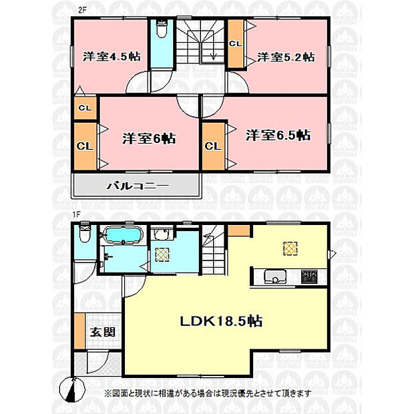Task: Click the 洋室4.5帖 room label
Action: pos(112,57)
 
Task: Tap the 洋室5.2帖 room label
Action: pos(286,57)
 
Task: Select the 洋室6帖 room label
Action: pos(149,139)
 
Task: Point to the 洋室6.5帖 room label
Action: pos(278,135)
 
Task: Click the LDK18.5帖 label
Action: pos(221,321)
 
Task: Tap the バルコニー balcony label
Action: pos(138,186)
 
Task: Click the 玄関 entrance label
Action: pos(103,332)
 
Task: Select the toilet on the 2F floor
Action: pos(162,28)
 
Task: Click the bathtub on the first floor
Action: pos(124,234)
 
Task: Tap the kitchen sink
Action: pos(275,276)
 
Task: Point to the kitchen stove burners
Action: pos(309,276)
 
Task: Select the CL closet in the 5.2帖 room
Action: pos(236,43)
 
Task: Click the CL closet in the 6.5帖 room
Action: pos(213,146)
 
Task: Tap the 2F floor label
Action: pos(82,10)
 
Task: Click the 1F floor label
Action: pos(76,214)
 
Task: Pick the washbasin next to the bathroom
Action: pos(162,234)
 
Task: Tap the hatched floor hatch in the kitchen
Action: pos(290,248)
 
